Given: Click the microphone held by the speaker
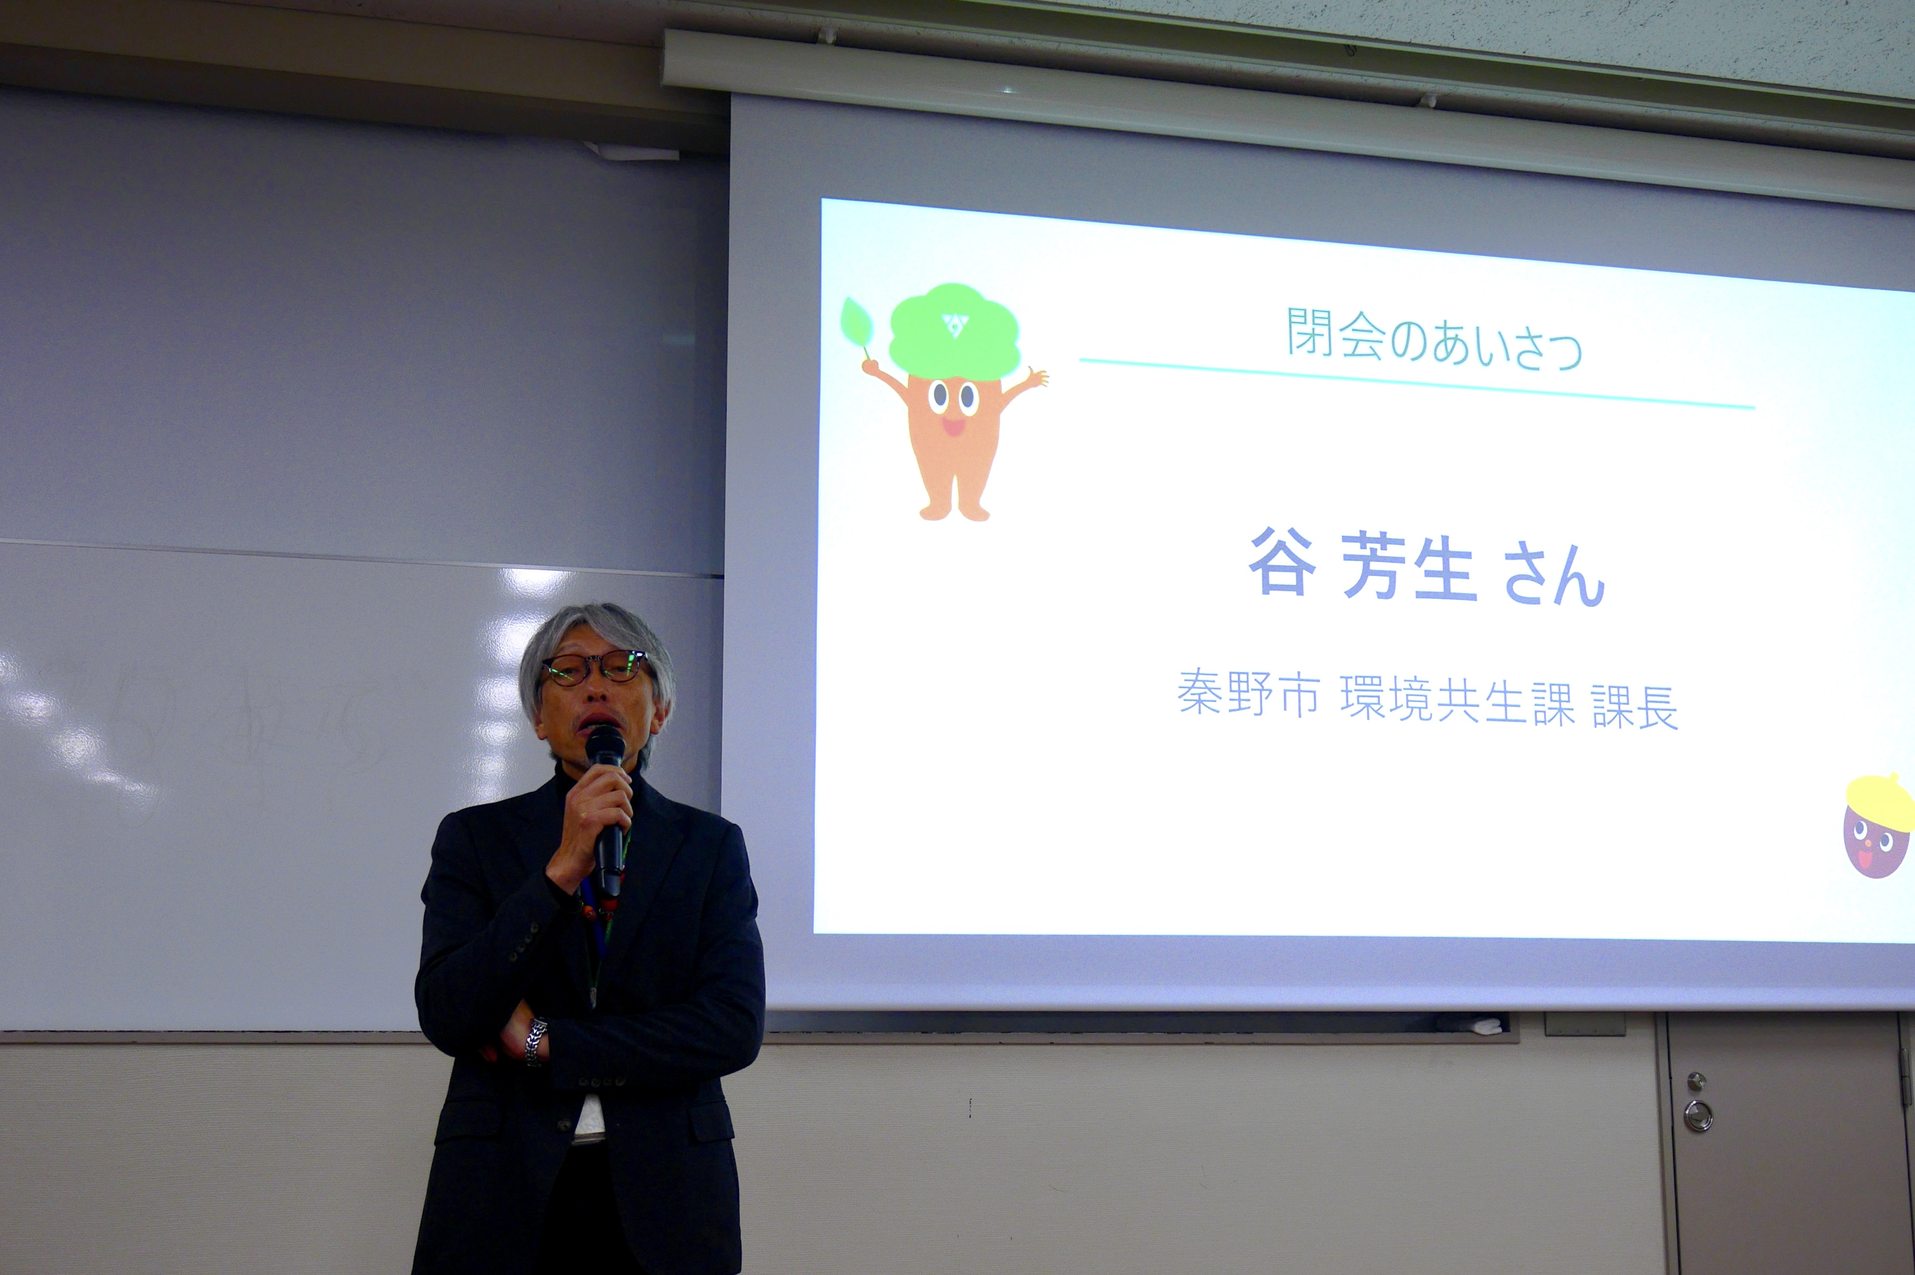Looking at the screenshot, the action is (x=608, y=805).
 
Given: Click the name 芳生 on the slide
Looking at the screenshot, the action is (x=1408, y=567).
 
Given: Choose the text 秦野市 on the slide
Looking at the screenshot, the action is (x=1248, y=693).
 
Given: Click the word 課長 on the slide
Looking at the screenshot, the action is (x=1635, y=708).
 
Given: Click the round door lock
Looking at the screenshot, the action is (x=1698, y=1115).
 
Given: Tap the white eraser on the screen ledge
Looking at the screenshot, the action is (x=1488, y=1026).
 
